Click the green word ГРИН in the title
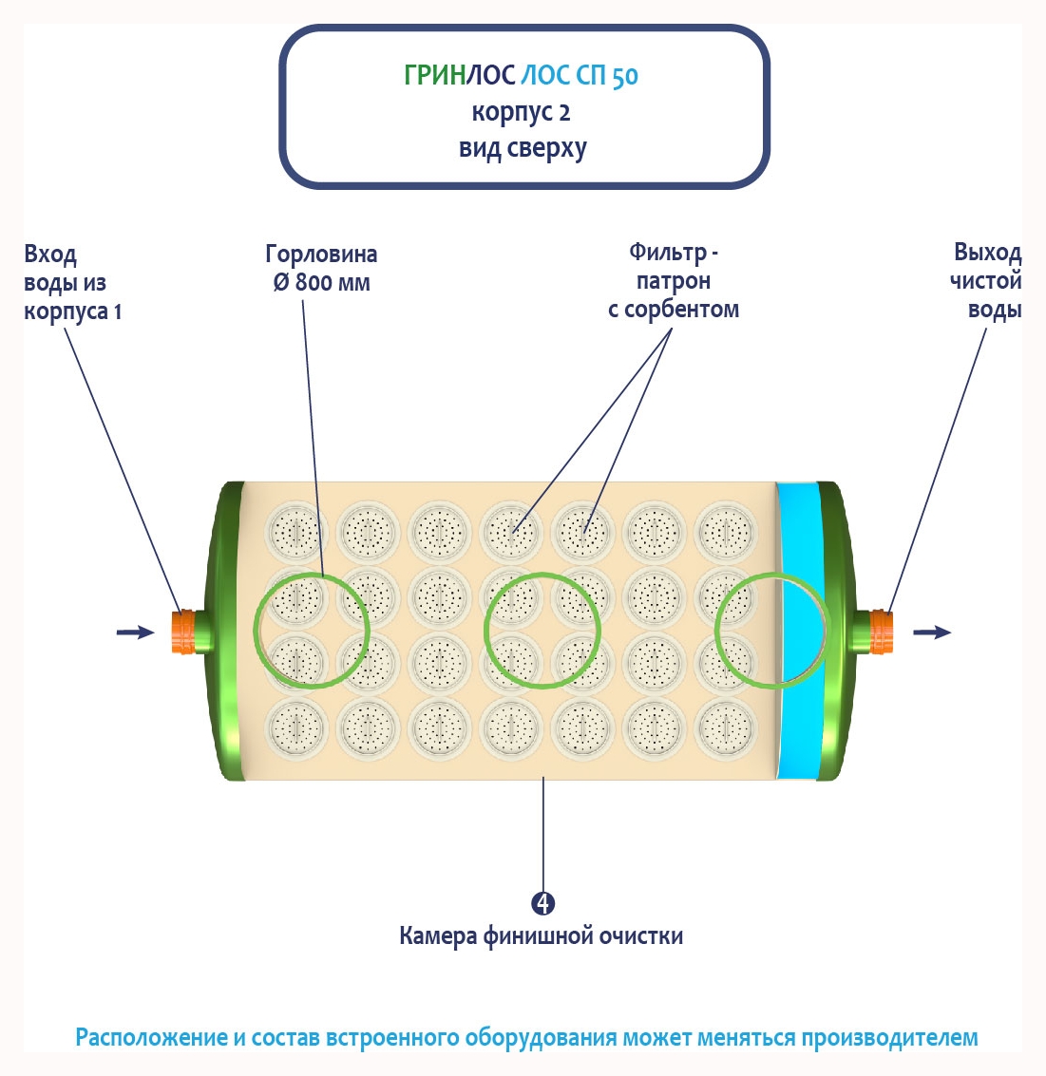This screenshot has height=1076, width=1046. coord(433,75)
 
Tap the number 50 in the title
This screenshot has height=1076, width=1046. coord(624,76)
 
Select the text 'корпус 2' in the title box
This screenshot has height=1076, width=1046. coord(522,112)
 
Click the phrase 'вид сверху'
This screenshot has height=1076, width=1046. coord(523,148)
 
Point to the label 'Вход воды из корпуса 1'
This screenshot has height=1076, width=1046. coord(72,282)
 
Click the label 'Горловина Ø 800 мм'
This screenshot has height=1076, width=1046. coord(321,268)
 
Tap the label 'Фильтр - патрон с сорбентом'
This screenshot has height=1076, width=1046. coord(673,281)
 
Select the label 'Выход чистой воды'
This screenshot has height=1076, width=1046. coord(987,281)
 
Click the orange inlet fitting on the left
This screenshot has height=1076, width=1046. coord(185,632)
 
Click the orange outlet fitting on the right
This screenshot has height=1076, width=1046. coord(882,632)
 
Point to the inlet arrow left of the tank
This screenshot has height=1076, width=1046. coord(134,632)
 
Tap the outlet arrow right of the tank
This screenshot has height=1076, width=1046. coord(932,632)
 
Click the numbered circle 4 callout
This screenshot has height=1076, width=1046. coord(542,903)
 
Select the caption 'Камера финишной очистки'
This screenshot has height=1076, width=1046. coord(541,936)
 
